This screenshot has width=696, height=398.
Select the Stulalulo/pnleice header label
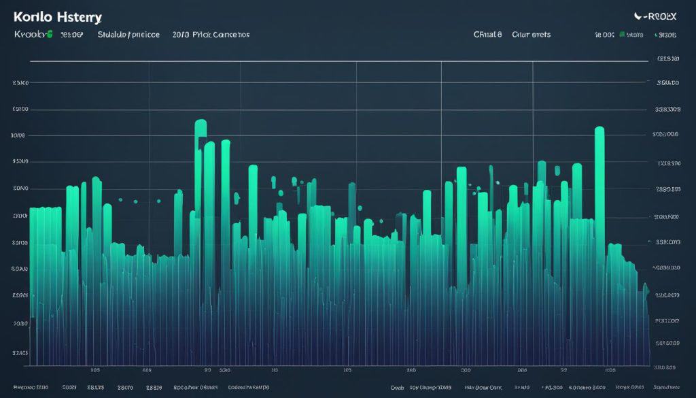[128, 34]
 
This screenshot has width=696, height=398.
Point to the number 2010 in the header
[181, 34]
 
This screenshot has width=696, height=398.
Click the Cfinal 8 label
[487, 34]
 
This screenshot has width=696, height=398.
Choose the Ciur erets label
[531, 34]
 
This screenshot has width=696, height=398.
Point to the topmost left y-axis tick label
[20, 83]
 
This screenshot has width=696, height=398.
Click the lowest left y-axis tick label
[20, 353]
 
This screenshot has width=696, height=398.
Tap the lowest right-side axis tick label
[665, 367]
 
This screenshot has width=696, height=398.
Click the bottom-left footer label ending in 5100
[31, 386]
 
